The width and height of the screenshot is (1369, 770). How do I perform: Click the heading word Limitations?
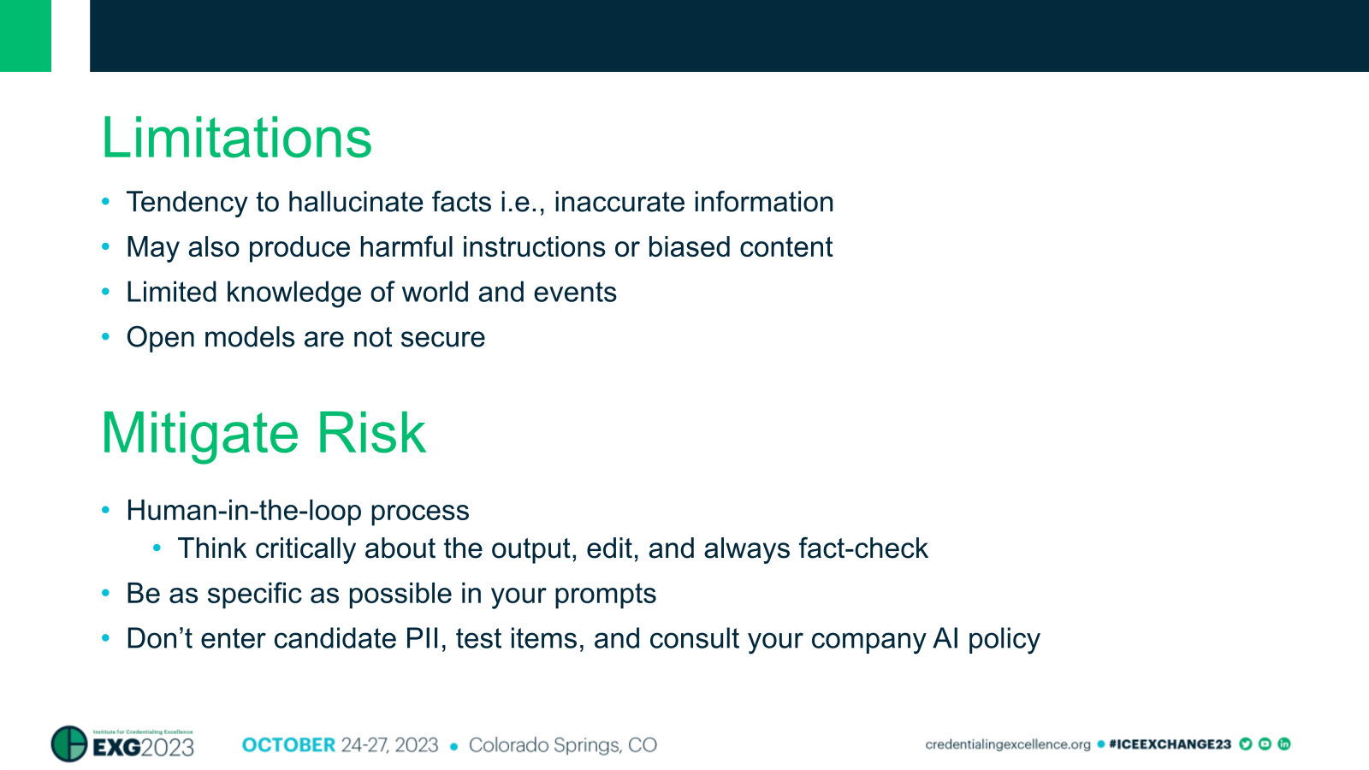point(236,139)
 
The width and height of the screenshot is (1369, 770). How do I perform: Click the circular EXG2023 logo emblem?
point(69,743)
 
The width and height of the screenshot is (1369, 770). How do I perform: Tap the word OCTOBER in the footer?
point(288,745)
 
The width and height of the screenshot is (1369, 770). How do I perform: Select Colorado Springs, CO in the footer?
point(562,745)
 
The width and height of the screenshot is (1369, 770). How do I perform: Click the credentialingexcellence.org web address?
point(1007,744)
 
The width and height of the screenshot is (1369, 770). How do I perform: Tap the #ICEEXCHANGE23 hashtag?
point(1169,744)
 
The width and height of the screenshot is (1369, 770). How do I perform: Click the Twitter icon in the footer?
point(1246,744)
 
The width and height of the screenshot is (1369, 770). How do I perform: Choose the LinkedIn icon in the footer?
point(1284,744)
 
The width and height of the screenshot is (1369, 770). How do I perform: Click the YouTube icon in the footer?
point(1265,744)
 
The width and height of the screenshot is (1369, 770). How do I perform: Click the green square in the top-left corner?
point(26,35)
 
